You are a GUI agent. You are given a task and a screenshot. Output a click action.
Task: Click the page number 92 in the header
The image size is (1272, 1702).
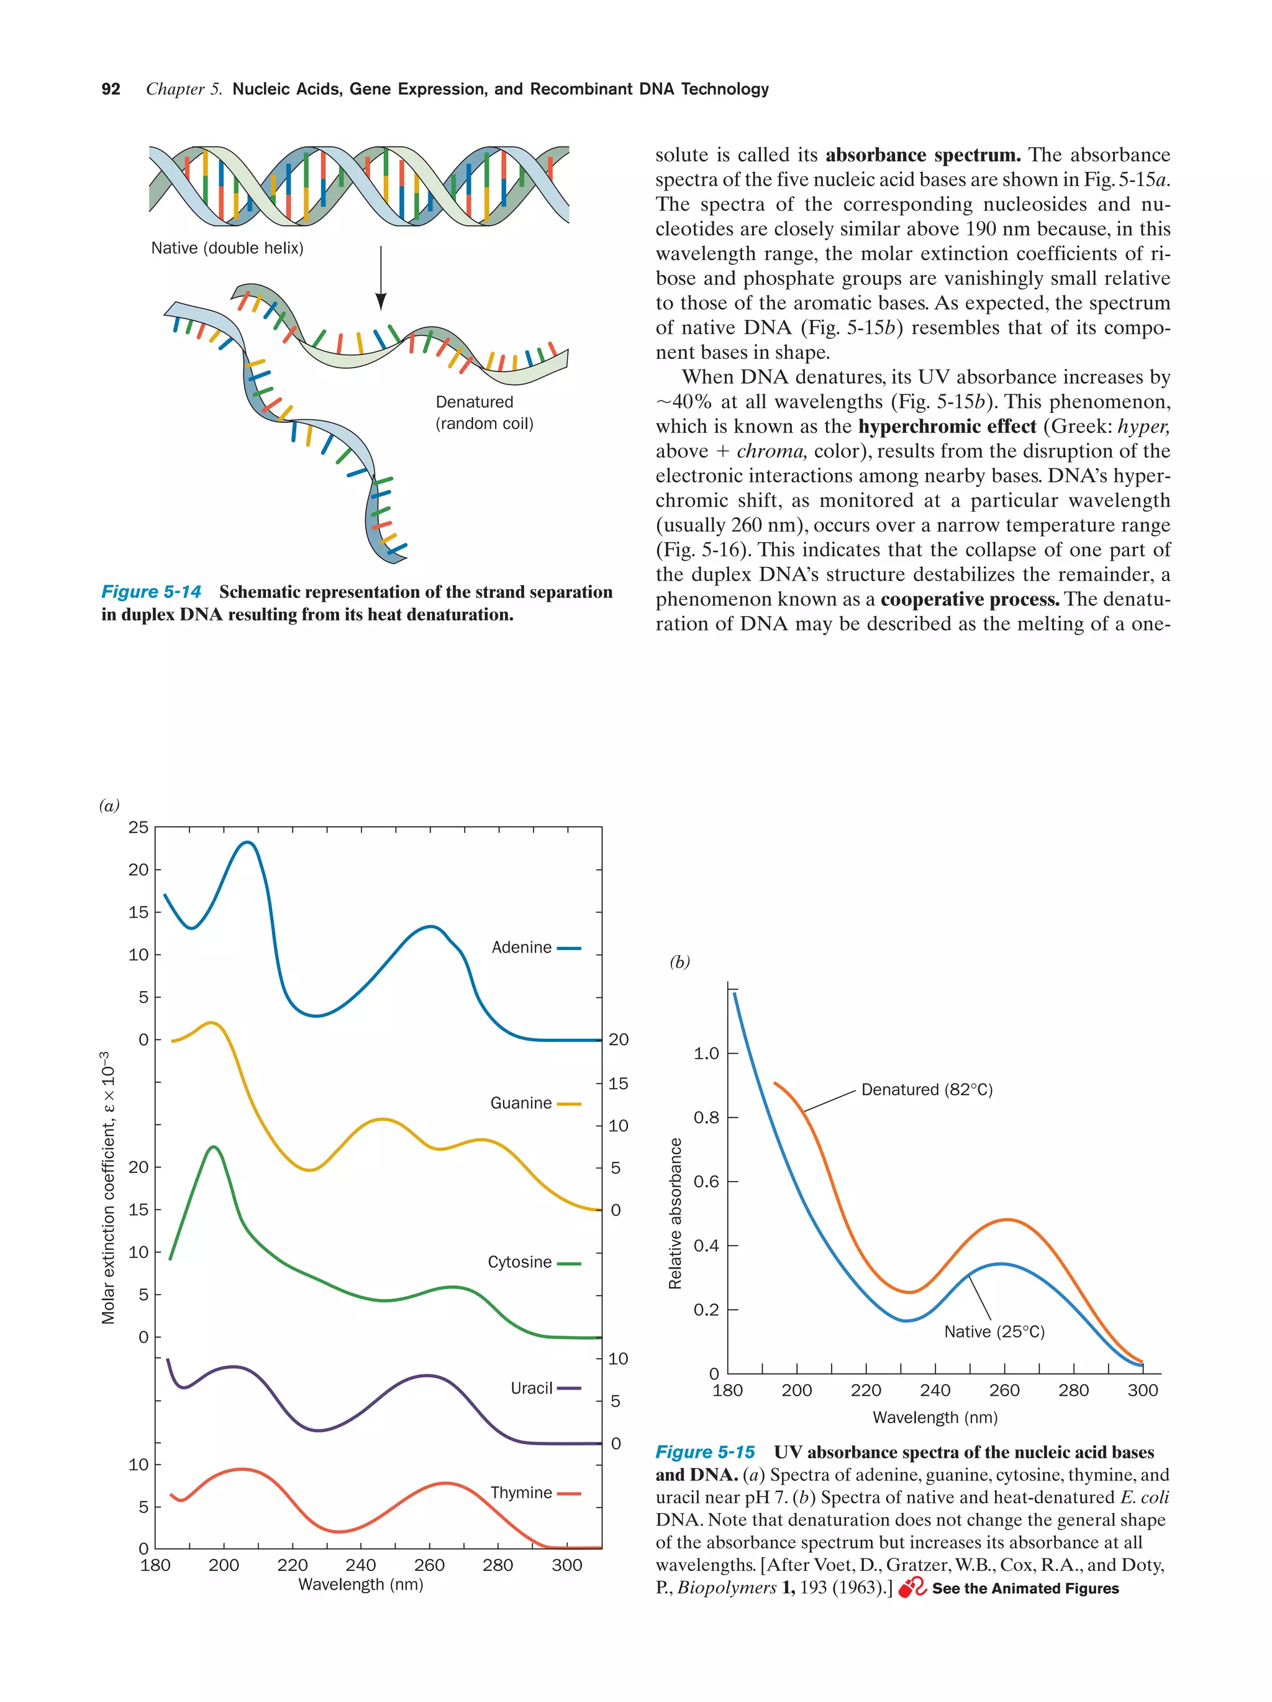click(x=111, y=89)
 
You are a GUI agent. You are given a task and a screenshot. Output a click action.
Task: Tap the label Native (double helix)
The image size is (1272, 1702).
click(x=227, y=248)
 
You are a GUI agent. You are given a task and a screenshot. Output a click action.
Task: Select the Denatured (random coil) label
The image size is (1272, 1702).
click(x=484, y=412)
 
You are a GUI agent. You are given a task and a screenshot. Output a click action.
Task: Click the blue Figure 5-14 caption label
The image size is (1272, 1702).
click(x=151, y=592)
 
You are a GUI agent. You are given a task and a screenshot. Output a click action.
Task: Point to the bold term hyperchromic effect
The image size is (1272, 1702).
click(x=947, y=426)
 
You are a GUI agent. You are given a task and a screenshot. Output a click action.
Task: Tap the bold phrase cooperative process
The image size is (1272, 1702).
click(x=970, y=599)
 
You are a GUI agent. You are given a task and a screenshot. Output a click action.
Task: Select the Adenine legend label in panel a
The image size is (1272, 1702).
click(x=522, y=947)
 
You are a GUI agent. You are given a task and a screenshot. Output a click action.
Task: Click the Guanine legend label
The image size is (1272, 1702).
click(x=521, y=1103)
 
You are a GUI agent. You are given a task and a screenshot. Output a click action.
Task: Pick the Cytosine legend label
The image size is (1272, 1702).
click(x=519, y=1262)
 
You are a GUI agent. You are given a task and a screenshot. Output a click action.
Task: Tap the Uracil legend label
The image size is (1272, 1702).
click(x=532, y=1388)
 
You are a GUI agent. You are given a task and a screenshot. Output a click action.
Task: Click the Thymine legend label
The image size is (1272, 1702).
click(x=521, y=1493)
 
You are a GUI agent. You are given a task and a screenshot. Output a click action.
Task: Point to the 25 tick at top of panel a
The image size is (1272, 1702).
click(x=139, y=827)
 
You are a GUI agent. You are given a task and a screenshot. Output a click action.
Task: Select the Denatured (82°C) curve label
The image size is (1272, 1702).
click(x=927, y=1090)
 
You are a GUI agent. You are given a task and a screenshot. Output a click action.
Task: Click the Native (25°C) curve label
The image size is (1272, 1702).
click(x=994, y=1332)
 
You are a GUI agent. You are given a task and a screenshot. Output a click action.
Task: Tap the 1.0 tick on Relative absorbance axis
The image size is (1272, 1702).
click(x=706, y=1052)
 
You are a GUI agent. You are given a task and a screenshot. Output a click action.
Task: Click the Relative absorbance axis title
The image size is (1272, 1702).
click(x=675, y=1213)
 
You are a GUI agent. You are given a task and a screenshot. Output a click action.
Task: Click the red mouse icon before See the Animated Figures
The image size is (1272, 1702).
click(x=912, y=1588)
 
